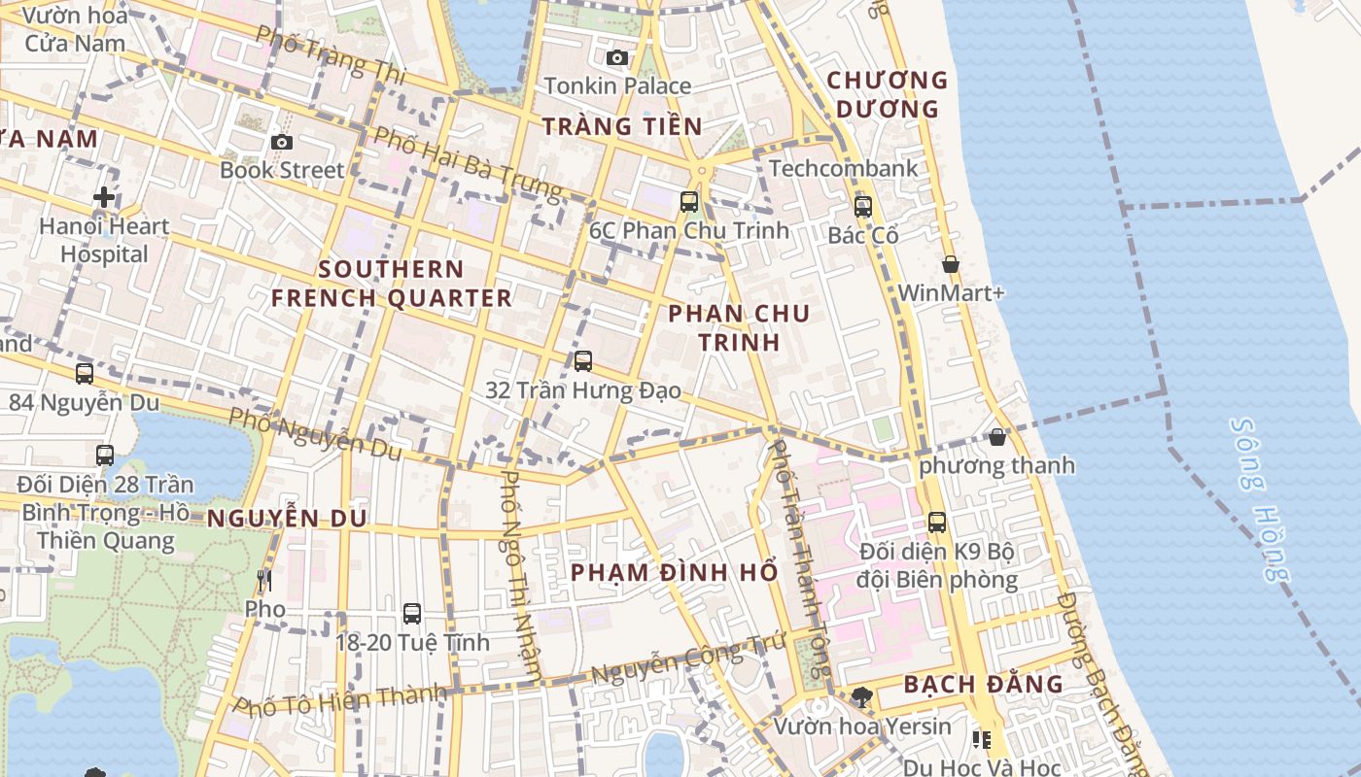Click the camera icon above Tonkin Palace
(616, 57)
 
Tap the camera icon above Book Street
(282, 142)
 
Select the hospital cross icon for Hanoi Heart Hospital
(104, 198)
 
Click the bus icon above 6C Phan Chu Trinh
(689, 202)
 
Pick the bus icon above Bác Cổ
(863, 207)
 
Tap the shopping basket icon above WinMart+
(951, 264)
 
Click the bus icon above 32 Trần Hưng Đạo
(583, 361)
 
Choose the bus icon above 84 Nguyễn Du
(85, 373)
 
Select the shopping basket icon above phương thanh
(997, 437)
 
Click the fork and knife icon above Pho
(264, 581)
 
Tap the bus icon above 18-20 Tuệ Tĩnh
(412, 614)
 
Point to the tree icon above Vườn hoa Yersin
(861, 696)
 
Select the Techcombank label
(843, 168)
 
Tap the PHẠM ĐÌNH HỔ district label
(675, 572)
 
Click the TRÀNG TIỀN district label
(622, 125)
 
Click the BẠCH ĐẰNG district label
(984, 684)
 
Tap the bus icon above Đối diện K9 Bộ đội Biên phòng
(937, 523)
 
